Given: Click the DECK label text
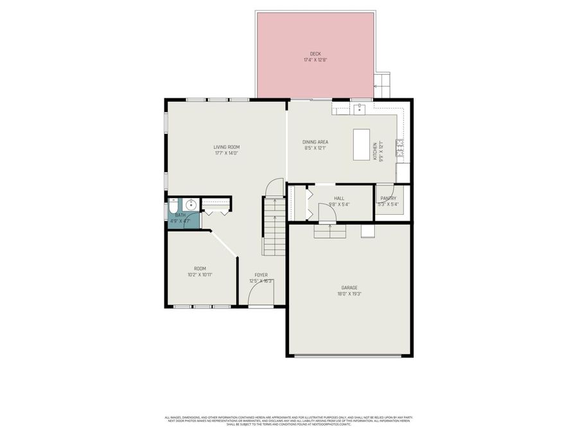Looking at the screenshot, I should click(x=315, y=54).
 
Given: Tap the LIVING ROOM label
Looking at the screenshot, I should click(x=227, y=147).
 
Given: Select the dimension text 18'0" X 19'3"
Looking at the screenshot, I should click(x=349, y=294).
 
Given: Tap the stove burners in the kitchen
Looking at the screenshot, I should click(x=399, y=148).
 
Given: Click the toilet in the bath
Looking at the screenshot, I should click(x=173, y=206).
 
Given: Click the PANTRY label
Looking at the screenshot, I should click(x=388, y=198).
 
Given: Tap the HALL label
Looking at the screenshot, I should click(x=339, y=198).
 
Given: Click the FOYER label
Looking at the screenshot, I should click(x=261, y=275).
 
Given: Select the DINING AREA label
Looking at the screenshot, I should click(x=315, y=141).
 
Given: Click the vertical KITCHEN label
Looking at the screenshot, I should click(x=375, y=152).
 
